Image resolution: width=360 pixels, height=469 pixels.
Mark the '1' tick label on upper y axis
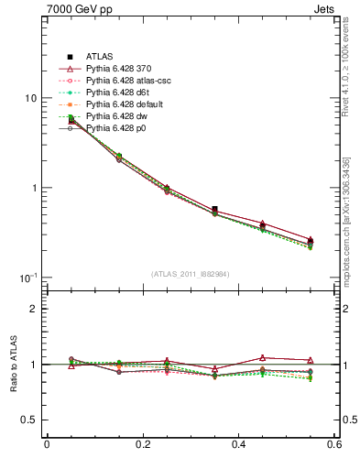tap(33, 188)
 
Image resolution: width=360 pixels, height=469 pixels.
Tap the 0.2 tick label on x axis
tap(143, 446)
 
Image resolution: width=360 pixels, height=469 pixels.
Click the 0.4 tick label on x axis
tap(239, 446)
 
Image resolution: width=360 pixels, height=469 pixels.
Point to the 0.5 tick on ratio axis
tap(28, 420)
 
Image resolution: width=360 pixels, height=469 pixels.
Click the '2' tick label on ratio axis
tap(33, 309)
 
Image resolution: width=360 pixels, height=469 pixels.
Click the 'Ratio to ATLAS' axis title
tap(13, 364)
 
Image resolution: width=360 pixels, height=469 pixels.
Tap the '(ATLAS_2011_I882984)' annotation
tap(191, 273)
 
